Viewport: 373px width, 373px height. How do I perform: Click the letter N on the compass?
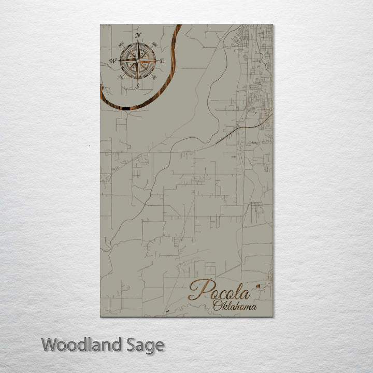coord(138,36)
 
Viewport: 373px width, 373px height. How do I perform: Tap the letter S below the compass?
coord(137,86)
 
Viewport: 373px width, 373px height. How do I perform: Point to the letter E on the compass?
coord(162,61)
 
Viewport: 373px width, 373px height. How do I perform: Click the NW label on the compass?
coord(121,44)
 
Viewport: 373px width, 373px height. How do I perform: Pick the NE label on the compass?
coord(155,44)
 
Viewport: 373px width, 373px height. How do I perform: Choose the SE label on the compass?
coord(155,78)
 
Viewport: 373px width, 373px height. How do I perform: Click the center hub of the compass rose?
coord(138,61)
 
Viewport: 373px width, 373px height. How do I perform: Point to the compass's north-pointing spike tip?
coord(138,41)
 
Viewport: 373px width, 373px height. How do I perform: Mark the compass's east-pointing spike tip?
coord(157,61)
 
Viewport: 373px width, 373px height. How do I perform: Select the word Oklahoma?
coord(234,306)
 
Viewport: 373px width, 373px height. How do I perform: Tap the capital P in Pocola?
coord(199,290)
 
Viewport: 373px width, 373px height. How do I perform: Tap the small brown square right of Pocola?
coord(259,285)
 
